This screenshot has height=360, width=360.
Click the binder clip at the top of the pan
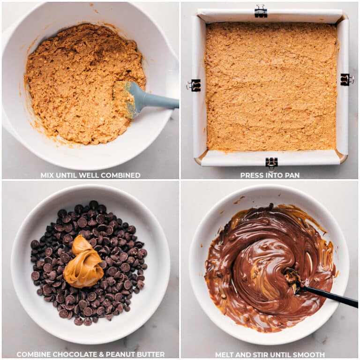(261, 11)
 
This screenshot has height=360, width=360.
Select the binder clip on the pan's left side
(194, 85)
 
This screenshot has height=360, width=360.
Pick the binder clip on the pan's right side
(346, 80)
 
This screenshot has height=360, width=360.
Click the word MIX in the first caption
(47, 175)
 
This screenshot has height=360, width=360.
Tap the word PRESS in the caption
(251, 175)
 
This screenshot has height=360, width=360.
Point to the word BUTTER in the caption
(150, 354)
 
